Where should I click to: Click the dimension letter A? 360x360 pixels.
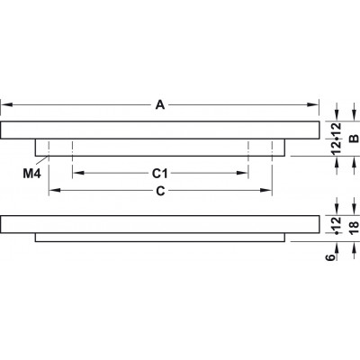160,105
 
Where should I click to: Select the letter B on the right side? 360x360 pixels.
355,139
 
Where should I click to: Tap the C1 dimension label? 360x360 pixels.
159,173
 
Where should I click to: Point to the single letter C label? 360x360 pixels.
160,191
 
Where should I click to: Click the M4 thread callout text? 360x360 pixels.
31,174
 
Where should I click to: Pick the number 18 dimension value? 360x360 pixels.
355,225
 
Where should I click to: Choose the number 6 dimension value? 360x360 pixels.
330,257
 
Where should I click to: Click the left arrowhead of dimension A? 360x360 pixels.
6,105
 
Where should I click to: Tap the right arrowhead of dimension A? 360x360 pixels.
312,105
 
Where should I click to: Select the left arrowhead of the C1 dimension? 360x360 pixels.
78,173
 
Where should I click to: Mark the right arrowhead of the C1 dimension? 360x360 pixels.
242,173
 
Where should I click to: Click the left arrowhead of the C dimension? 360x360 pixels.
55,190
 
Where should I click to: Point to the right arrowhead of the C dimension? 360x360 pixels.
266,190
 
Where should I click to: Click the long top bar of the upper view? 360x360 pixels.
159,130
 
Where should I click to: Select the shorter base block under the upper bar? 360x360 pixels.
160,148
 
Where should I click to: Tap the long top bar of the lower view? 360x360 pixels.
159,224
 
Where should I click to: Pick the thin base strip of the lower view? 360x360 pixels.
160,238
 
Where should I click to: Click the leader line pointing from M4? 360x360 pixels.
42,160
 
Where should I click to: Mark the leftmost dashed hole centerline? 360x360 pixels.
49,167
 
